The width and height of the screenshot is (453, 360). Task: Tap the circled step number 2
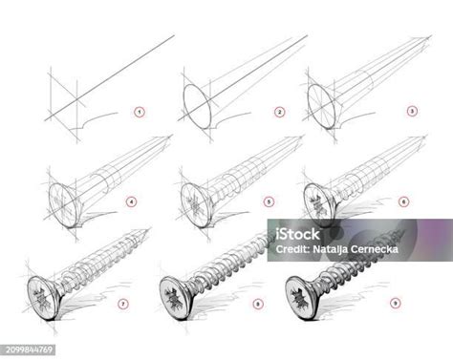(280, 113)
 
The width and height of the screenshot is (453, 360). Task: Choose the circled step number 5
(270, 201)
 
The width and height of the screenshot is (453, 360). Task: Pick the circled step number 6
(403, 201)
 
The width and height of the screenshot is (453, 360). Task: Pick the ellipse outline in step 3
(318, 104)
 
